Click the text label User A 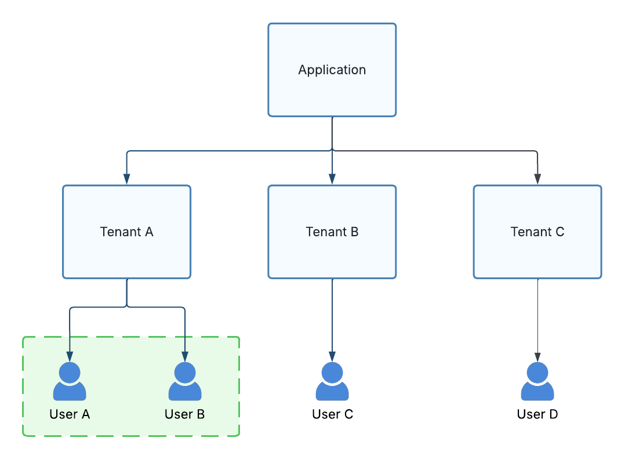click(70, 414)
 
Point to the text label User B click(185, 414)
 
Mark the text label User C click(332, 414)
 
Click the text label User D click(537, 414)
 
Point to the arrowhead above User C click(332, 356)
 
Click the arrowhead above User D click(537, 356)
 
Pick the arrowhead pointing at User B click(185, 356)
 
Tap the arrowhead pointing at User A click(70, 356)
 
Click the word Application click(332, 70)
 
